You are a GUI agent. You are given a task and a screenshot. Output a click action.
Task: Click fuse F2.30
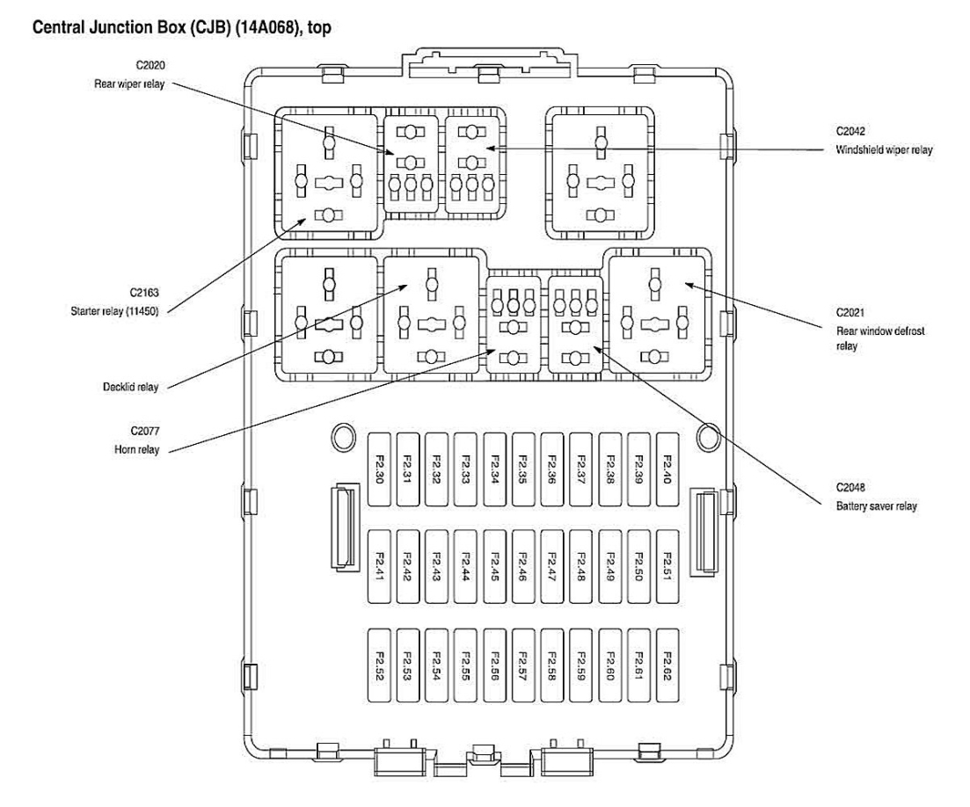coord(381,469)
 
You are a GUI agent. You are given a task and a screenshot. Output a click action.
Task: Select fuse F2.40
coord(668,469)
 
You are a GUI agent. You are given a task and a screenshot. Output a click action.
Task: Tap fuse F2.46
coord(524,566)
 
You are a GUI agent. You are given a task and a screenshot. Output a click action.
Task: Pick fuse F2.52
coord(381,665)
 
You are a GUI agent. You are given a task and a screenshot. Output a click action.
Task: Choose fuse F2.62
coord(668,665)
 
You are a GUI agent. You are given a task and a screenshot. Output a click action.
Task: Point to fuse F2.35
coord(524,469)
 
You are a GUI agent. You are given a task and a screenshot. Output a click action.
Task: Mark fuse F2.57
coord(524,665)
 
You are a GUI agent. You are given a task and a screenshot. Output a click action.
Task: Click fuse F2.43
coord(438,566)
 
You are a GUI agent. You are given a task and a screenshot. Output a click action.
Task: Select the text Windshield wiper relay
coord(884,150)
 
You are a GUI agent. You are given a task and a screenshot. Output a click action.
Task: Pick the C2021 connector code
coord(850,311)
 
